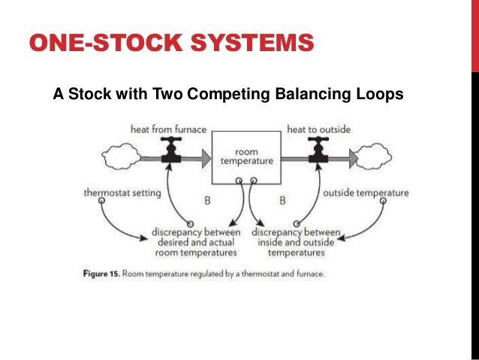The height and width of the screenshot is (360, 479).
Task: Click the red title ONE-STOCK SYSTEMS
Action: click(170, 44)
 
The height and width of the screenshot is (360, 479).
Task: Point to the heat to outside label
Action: click(318, 129)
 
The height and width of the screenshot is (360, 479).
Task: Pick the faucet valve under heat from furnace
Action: click(172, 151)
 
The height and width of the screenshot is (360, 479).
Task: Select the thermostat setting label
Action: click(122, 193)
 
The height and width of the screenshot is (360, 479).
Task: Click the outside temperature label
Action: click(366, 193)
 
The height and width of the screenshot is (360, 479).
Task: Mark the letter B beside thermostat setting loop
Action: click(207, 201)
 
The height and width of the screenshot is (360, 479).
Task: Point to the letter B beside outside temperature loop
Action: click(283, 201)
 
